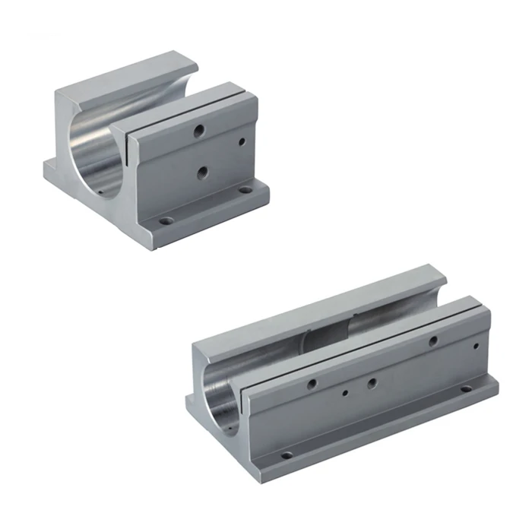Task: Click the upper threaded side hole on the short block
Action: click(x=199, y=131)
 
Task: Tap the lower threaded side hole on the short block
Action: click(x=202, y=173)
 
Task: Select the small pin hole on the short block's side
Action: click(x=242, y=141)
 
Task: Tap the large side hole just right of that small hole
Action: click(x=372, y=383)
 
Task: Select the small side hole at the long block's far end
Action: click(x=475, y=349)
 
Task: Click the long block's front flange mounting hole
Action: click(x=287, y=456)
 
